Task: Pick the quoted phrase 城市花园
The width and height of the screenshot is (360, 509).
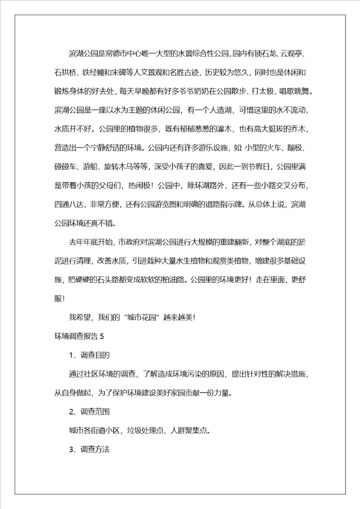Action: click(x=142, y=317)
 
